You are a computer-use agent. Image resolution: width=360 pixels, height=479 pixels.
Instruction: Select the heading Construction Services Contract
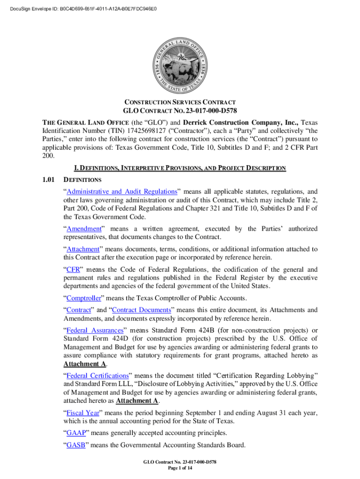point(180,102)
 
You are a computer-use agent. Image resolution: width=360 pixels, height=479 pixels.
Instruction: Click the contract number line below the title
point(180,111)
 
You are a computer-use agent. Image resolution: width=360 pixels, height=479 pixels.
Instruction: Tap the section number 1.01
point(49,179)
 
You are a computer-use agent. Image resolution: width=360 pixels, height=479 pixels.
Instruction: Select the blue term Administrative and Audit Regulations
point(122,191)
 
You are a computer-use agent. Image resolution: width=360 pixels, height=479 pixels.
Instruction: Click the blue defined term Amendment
point(84,229)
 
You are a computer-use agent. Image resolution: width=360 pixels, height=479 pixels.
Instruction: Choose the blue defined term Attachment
point(83,249)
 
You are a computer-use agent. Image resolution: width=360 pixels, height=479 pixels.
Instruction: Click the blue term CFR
point(72,269)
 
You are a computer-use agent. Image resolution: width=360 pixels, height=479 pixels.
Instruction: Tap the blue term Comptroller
point(86,298)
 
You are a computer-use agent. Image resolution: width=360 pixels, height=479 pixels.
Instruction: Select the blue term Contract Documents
point(142,310)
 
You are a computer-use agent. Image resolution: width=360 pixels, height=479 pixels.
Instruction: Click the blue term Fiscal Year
point(82,413)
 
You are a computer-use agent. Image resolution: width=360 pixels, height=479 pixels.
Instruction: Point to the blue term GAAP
point(76,433)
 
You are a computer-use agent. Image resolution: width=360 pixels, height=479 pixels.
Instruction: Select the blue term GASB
point(76,445)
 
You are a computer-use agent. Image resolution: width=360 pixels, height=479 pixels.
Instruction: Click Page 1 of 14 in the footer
point(180,469)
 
